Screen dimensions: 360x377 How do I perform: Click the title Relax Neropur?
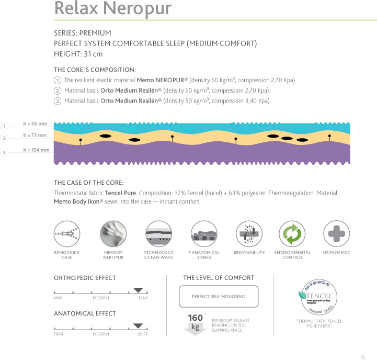click(112, 9)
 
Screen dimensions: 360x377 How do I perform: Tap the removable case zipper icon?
click(66, 233)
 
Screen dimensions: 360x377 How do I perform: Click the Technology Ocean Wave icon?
click(158, 233)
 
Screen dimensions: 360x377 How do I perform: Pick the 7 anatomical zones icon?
click(203, 233)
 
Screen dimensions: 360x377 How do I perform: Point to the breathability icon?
click(248, 233)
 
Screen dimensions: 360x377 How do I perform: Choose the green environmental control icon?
click(292, 233)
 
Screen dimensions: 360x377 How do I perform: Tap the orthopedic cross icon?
click(336, 233)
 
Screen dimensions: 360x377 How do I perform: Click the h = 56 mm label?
click(36, 124)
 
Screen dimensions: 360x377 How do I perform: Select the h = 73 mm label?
click(36, 136)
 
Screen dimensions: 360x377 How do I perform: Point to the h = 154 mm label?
click(37, 150)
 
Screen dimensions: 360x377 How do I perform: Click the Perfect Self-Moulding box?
click(219, 296)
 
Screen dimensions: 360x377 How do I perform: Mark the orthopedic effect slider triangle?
click(139, 290)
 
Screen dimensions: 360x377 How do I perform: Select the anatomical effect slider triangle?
click(139, 325)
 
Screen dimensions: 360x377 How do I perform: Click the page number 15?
click(362, 343)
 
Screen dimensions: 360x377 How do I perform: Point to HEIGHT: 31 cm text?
click(78, 54)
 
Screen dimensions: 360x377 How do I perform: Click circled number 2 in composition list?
click(57, 91)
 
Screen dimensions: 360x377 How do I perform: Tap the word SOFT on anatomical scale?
click(143, 334)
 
